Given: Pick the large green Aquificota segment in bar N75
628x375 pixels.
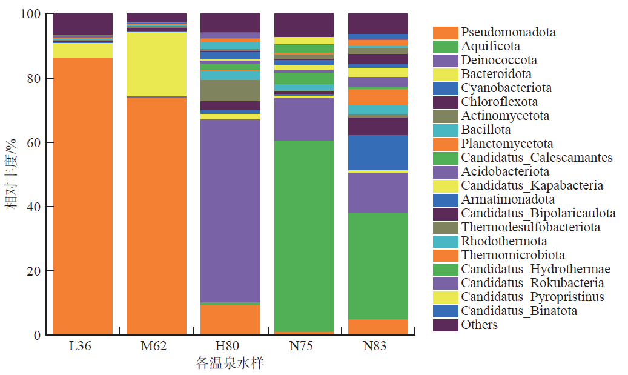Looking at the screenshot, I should pyautogui.click(x=304, y=236).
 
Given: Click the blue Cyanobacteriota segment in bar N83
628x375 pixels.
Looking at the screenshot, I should pyautogui.click(x=378, y=152).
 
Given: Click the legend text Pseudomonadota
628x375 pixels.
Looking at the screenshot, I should pyautogui.click(x=507, y=32).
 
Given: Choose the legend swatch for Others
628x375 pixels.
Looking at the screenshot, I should pyautogui.click(x=445, y=325).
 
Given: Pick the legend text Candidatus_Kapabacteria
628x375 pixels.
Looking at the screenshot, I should pyautogui.click(x=532, y=185).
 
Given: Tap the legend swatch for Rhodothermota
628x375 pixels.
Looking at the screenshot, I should pyautogui.click(x=445, y=241).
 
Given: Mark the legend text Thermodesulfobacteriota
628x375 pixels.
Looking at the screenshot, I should pyautogui.click(x=530, y=227).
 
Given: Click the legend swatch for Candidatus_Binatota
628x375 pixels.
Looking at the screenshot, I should pyautogui.click(x=445, y=311).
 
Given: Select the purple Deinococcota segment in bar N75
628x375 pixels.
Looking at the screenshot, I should pyautogui.click(x=304, y=119).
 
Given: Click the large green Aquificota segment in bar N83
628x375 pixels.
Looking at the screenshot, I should pyautogui.click(x=378, y=266).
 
